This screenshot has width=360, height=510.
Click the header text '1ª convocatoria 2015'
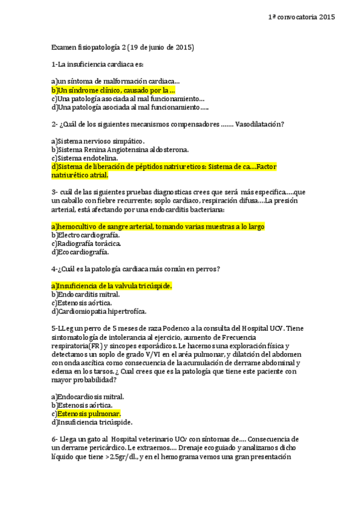(x=301, y=18)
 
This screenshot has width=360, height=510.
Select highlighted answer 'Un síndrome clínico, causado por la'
(x=114, y=90)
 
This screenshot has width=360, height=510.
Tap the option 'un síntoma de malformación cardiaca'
(x=116, y=81)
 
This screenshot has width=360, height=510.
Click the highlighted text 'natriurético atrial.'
(x=80, y=176)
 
